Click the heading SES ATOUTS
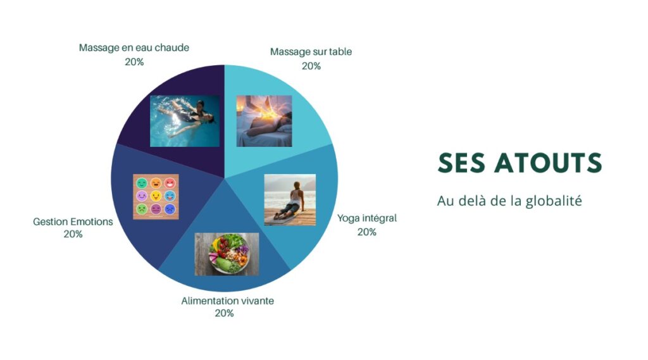point(520,163)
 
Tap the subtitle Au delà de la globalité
point(509,201)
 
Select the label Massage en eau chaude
point(134,47)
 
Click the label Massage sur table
point(311,52)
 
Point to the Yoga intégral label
point(367,218)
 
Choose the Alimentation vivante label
point(227,301)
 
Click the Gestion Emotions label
point(73,221)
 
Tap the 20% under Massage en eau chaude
point(134,62)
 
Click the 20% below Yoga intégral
point(367,232)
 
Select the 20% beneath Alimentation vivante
point(225,313)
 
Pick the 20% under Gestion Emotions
point(73,234)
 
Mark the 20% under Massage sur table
point(311,66)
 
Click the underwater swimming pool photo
point(185,121)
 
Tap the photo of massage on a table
point(264,121)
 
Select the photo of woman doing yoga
point(290,200)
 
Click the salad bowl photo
point(227,254)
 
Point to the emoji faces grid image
point(156,197)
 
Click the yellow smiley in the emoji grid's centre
point(156,196)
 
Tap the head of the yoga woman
point(297,185)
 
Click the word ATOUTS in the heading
point(548,163)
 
